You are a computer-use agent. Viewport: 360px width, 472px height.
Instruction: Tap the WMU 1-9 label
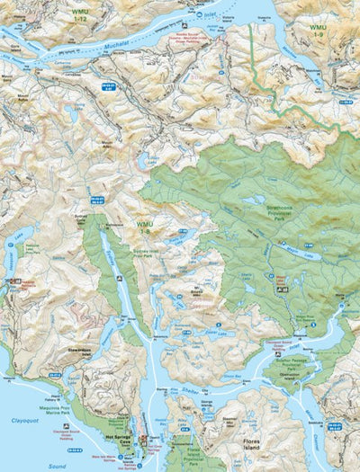[x=317, y=31]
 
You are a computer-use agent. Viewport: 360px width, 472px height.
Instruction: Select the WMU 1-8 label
[x=144, y=226]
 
